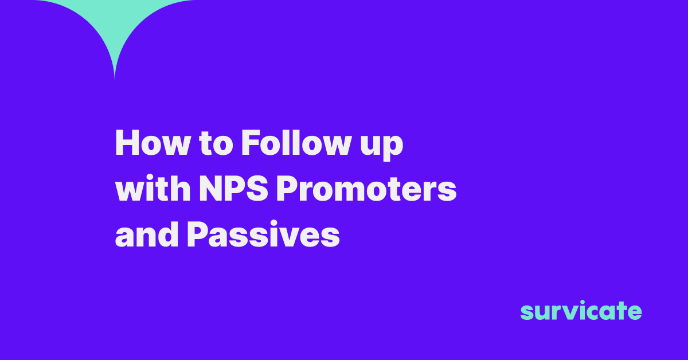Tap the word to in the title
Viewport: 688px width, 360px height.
tap(216, 144)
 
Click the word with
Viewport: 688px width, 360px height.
tap(153, 188)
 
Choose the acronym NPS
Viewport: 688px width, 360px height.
tap(234, 188)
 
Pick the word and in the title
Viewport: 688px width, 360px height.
tap(147, 234)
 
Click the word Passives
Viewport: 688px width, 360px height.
tap(263, 234)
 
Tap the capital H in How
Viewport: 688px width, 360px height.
tap(127, 143)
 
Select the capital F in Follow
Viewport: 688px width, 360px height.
tap(251, 143)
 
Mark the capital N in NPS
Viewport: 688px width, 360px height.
tap(211, 188)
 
